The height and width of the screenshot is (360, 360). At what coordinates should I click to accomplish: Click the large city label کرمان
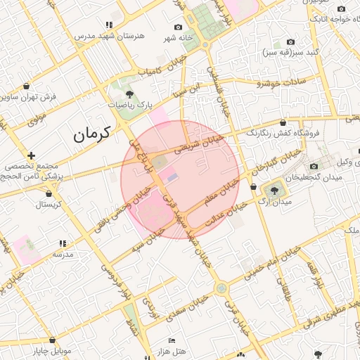pos(92,133)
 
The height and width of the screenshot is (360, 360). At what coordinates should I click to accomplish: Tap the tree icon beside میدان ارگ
pos(273,190)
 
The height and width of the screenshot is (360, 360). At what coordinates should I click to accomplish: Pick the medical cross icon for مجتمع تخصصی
pos(32,155)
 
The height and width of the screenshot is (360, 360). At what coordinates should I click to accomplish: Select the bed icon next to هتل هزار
pos(172,340)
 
